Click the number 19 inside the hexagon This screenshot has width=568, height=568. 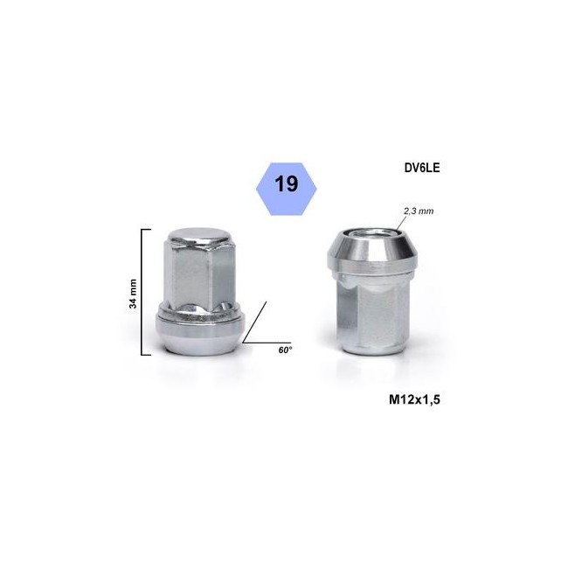click(x=285, y=184)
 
